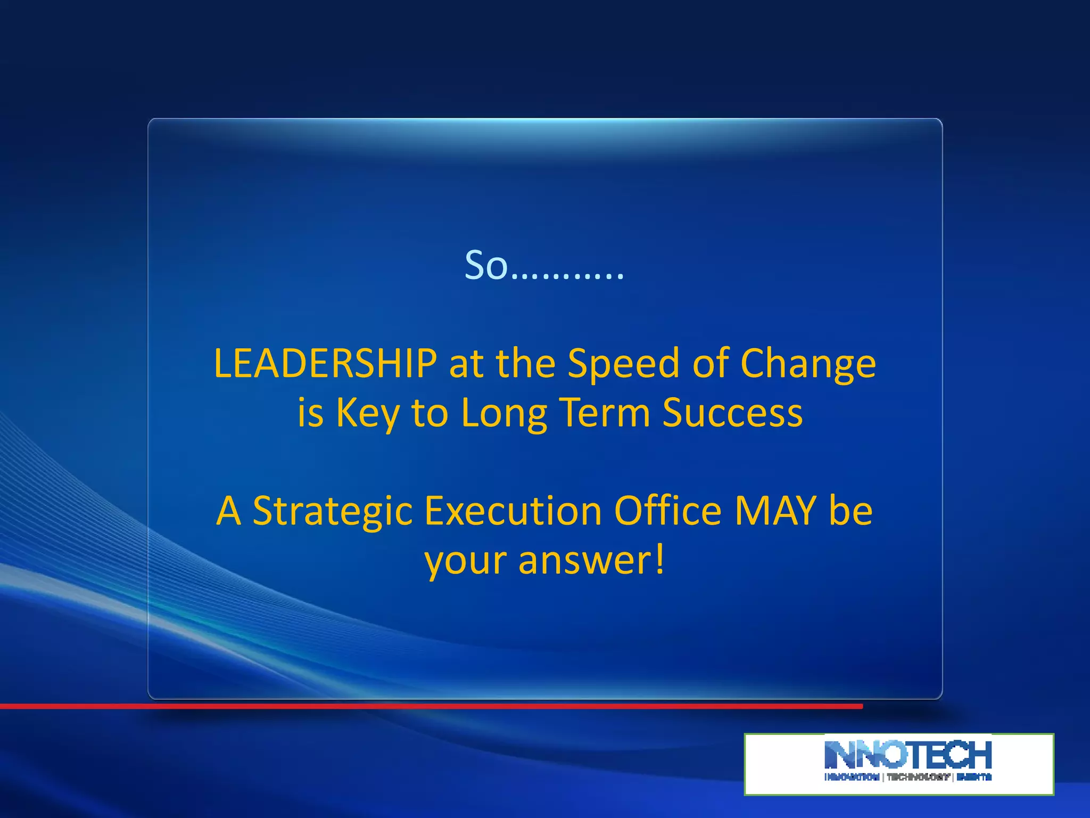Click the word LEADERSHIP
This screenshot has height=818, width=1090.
(325, 363)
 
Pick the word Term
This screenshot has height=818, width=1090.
(605, 412)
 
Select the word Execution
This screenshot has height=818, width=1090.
(513, 510)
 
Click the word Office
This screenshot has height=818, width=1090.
(668, 510)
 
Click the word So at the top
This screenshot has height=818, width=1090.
(486, 265)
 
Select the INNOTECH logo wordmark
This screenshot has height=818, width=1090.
(908, 755)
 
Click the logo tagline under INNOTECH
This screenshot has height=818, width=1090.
(908, 777)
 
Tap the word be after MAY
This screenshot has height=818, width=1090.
(850, 510)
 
